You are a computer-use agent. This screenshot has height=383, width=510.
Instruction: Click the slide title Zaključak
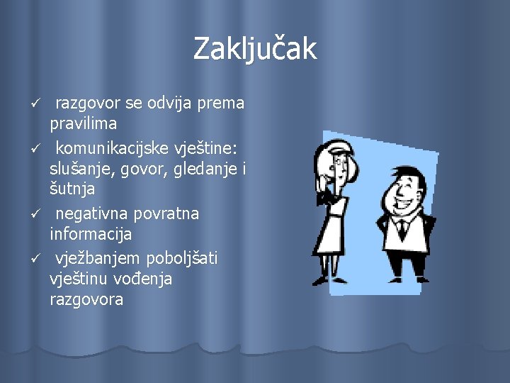255,49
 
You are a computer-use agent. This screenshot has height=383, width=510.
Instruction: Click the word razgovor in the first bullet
88,104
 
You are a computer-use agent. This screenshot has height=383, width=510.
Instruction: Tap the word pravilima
84,123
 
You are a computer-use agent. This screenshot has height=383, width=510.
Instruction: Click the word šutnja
72,189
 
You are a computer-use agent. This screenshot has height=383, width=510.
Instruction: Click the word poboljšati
182,258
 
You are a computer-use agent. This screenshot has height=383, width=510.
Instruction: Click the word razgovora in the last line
86,299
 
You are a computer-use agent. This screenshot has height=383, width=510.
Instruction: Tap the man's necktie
402,229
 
